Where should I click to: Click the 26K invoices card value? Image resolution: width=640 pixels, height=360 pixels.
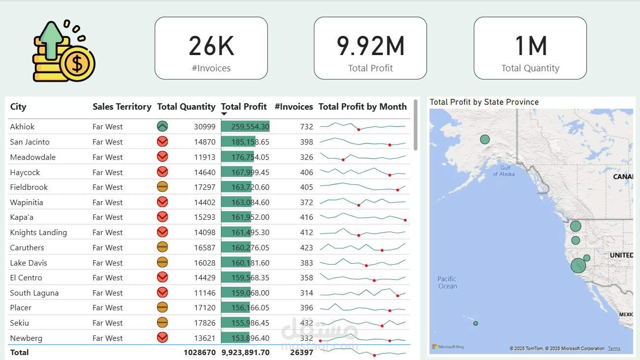(x=211, y=46)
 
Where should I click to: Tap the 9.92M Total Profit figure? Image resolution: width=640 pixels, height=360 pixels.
(x=370, y=46)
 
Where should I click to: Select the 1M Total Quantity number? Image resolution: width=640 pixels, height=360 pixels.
(x=530, y=46)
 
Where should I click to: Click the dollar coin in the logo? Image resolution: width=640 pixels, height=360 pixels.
(x=77, y=63)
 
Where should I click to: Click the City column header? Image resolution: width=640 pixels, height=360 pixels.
(x=18, y=107)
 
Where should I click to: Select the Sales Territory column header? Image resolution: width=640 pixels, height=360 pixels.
(x=122, y=107)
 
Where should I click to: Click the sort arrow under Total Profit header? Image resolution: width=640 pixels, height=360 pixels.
(x=224, y=114)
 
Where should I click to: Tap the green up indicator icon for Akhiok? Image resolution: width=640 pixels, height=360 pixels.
(x=162, y=126)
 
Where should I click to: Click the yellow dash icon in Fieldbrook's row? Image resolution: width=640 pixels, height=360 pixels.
(x=162, y=187)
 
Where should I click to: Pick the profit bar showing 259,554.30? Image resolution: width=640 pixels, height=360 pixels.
(x=245, y=126)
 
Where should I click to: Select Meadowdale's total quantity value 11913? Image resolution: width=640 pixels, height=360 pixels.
(x=204, y=157)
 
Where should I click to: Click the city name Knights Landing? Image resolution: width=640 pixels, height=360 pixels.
(x=38, y=232)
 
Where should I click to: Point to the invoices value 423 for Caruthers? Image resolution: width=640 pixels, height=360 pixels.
(x=306, y=247)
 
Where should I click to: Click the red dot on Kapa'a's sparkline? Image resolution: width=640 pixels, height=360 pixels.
(x=405, y=220)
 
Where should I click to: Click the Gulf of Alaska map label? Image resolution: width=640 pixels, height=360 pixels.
(x=504, y=171)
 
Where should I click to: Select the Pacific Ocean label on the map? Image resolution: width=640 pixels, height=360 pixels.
(x=447, y=282)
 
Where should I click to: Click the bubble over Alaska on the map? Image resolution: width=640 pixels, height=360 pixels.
(x=485, y=139)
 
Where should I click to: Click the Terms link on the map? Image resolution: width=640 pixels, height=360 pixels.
(x=614, y=349)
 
